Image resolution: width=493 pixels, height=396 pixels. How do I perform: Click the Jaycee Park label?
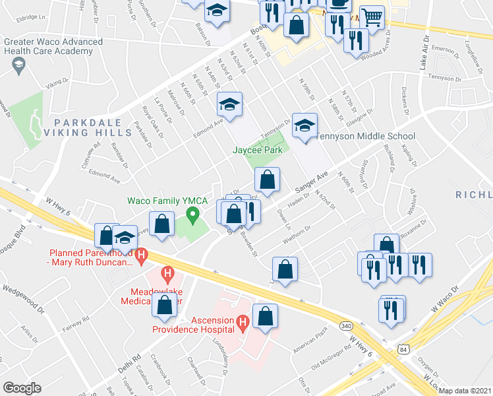[257, 150]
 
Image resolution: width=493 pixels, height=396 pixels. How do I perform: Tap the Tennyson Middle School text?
[365, 137]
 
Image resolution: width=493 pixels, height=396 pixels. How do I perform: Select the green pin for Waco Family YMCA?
[192, 214]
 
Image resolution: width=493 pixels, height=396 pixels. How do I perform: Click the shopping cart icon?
[373, 18]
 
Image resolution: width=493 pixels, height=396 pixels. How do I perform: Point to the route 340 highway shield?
[345, 326]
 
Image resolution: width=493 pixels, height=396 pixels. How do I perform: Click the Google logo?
[22, 388]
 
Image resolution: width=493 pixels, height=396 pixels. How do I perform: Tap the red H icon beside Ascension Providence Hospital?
[243, 321]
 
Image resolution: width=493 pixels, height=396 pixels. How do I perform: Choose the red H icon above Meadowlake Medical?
[167, 271]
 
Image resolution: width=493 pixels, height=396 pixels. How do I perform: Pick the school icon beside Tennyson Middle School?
[304, 126]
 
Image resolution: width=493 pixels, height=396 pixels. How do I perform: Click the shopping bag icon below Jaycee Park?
[268, 180]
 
